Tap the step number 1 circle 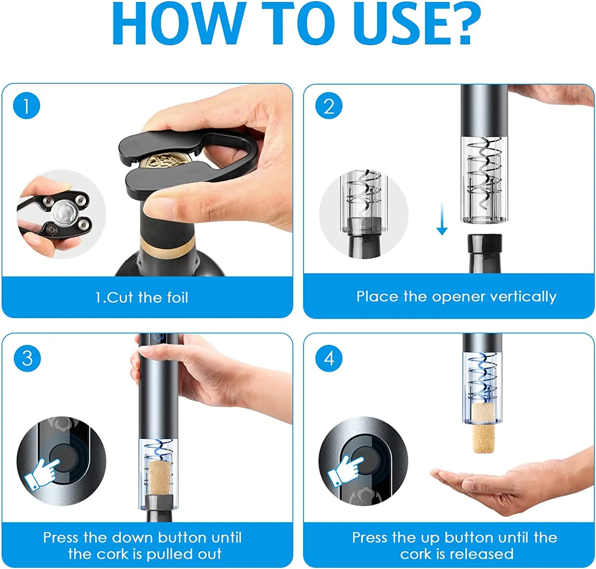point(27,106)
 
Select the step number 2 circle point(329,106)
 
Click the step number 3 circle point(27,358)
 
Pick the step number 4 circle point(329,358)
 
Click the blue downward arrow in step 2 point(442,217)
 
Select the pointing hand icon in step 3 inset point(41,473)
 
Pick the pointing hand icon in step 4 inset point(344,471)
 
